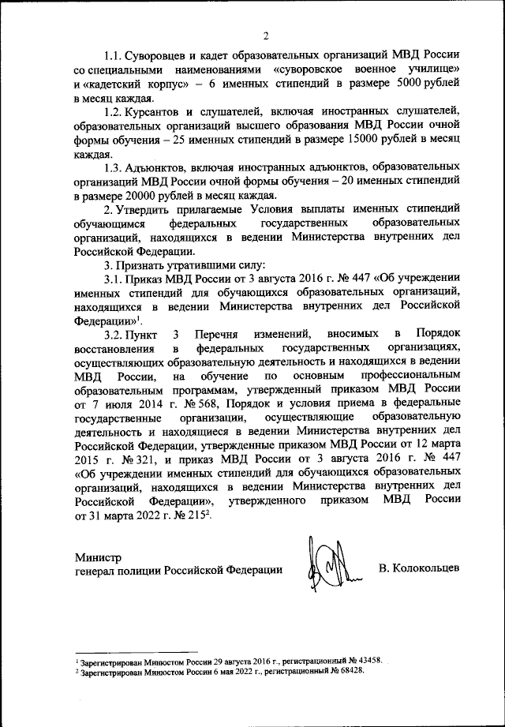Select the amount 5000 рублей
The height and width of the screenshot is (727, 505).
point(427,85)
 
